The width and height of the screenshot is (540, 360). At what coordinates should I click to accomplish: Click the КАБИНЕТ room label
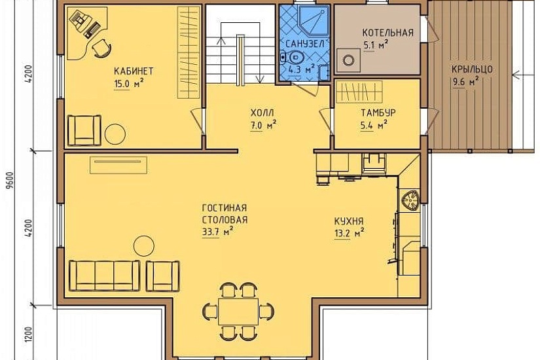point(134,71)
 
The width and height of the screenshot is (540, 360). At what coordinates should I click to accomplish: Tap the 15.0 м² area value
point(128,84)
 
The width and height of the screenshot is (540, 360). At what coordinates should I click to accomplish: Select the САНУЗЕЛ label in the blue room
point(305,44)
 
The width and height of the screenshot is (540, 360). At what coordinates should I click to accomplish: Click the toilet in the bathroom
point(293,58)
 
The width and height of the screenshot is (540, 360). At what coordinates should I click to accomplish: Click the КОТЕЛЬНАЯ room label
point(387,33)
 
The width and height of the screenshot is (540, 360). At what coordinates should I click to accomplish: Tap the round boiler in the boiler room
point(348,60)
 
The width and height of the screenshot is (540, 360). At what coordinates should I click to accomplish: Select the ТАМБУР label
point(378,113)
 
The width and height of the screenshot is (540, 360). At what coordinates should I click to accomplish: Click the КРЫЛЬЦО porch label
point(472,69)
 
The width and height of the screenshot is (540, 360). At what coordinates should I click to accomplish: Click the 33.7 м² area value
point(217,232)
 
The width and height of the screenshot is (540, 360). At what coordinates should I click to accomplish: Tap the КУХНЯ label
point(349,221)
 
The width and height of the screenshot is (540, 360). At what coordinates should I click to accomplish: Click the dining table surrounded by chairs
point(238,312)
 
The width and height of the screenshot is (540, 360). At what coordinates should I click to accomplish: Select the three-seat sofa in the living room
point(105,276)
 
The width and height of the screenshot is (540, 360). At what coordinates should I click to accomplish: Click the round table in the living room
point(143,246)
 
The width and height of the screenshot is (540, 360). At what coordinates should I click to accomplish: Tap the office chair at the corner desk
point(102,48)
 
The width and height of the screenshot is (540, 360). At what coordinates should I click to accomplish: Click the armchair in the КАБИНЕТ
point(84,130)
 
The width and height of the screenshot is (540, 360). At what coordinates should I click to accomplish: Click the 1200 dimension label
point(28,334)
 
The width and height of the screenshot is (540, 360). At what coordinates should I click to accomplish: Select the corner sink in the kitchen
point(410,200)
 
